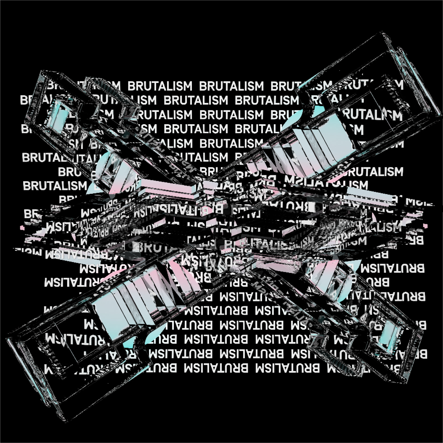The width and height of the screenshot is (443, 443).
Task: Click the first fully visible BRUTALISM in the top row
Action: pos(160,86)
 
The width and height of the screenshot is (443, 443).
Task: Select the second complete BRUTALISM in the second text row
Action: pos(267,100)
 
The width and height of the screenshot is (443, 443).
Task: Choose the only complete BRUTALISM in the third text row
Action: pos(231,115)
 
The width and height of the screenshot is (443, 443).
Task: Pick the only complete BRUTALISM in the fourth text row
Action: pos(196,129)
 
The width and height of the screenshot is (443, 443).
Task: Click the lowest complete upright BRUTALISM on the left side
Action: pos(55,186)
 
